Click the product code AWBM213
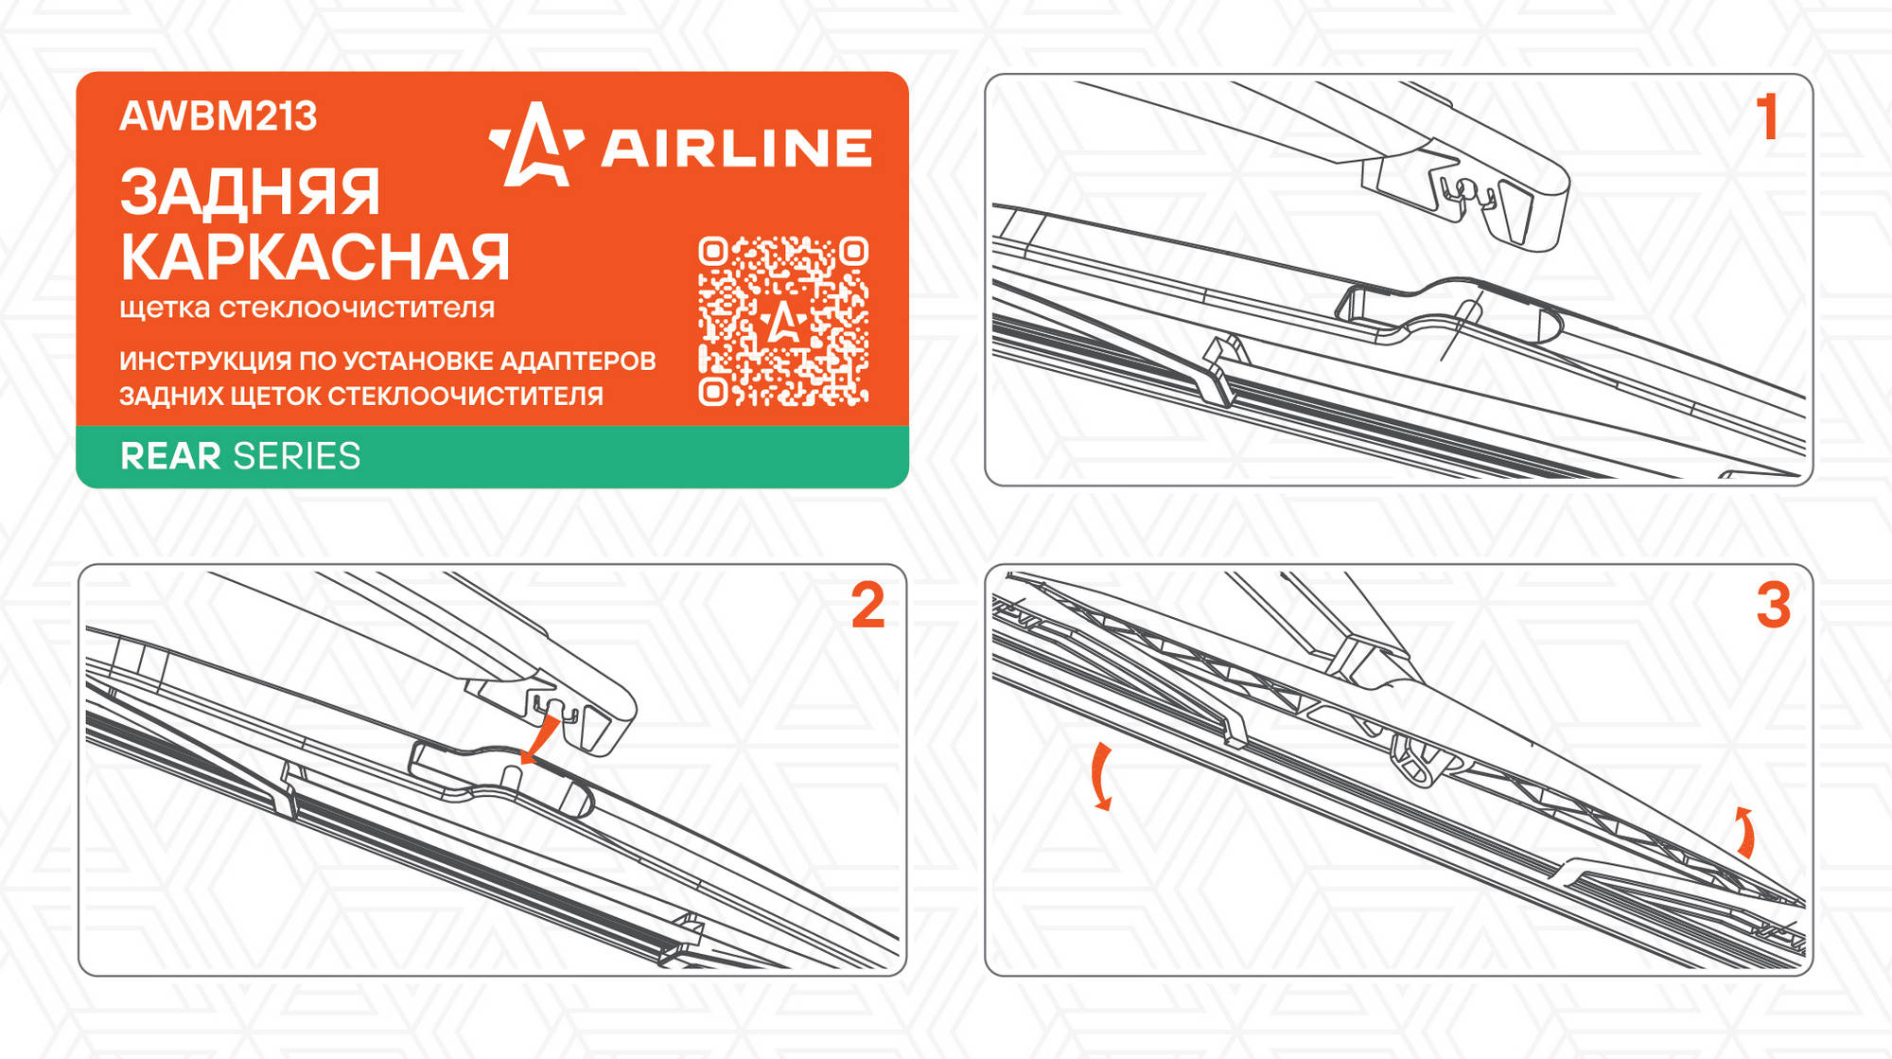coord(218,116)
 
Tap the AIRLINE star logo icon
coord(535,146)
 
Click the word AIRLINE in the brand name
coord(736,149)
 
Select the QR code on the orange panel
coord(783,322)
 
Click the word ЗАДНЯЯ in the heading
coord(250,192)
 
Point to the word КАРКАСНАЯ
coord(315,257)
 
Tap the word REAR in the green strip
coord(170,456)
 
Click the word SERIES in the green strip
coord(297,456)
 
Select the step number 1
coord(1767,117)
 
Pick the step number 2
coord(867,606)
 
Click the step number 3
coord(1774,606)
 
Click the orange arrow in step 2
coord(540,739)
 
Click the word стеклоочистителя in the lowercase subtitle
coord(357,309)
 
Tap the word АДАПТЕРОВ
coord(578,362)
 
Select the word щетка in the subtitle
coord(166,309)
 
